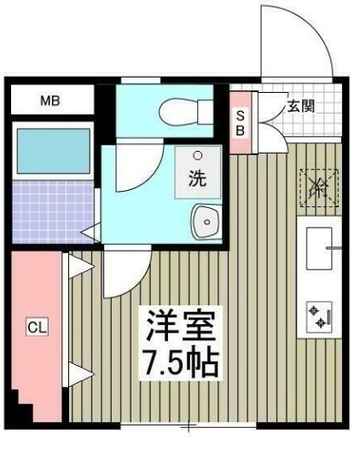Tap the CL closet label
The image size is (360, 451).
click(35, 326)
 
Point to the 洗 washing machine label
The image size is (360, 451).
click(197, 179)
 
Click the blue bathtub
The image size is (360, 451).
click(53, 152)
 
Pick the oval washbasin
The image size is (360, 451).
click(205, 223)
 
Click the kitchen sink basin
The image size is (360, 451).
click(316, 249)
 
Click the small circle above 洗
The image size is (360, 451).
click(198, 157)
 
